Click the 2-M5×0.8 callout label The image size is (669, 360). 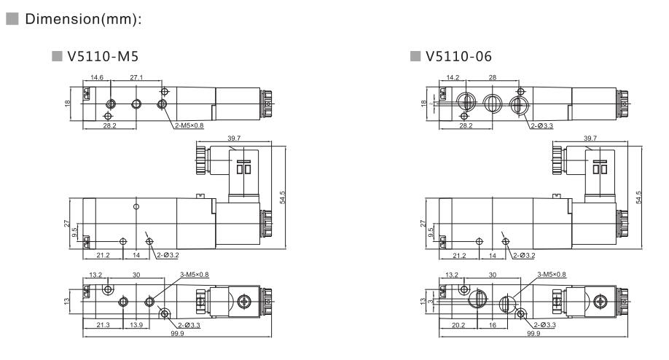coord(190,125)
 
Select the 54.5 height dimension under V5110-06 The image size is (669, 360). coord(639,198)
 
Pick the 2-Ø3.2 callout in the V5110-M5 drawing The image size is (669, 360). coord(168,255)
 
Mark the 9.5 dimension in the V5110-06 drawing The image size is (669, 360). coord(430,233)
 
